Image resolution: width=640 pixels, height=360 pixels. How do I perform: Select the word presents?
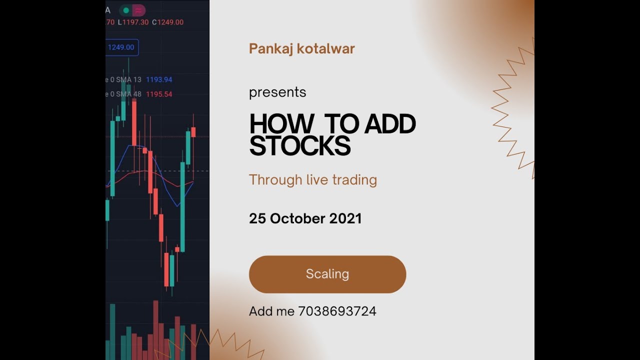coord(277,92)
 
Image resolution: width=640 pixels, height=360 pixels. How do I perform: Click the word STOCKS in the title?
coord(299,146)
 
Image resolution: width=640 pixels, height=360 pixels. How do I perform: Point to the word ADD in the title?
coord(390,124)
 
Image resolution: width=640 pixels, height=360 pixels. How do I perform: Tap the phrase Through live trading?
coord(313,180)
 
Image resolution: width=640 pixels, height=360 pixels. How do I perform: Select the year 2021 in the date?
coord(345,218)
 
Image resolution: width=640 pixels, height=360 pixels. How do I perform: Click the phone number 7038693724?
coord(337,311)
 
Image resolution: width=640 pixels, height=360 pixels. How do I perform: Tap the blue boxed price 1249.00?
coord(121,47)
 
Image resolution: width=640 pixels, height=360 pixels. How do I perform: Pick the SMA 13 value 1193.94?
coord(159,79)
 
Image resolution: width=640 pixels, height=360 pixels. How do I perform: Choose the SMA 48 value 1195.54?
coord(159,94)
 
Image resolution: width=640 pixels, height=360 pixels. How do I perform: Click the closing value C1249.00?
coord(168,22)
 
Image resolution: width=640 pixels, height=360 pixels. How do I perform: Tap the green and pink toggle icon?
coord(132,10)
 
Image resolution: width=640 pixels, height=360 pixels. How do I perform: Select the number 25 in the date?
coord(257,218)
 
